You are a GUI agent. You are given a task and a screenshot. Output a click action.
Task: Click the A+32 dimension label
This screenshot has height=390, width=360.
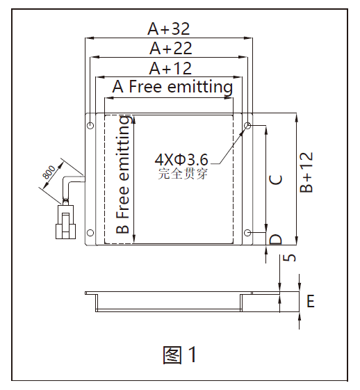(x=169, y=29)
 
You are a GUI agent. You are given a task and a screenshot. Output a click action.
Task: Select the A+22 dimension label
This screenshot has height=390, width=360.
(x=171, y=48)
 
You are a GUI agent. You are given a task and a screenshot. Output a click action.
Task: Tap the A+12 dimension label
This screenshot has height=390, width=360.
(x=170, y=68)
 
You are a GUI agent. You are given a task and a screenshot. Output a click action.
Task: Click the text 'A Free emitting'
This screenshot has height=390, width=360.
(x=172, y=87)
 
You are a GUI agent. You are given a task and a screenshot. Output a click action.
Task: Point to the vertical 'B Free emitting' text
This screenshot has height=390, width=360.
(x=123, y=174)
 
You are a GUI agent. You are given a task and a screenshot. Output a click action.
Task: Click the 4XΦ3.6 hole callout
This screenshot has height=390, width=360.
(x=181, y=160)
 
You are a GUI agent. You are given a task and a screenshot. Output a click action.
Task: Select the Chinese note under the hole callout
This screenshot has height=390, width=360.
(x=183, y=174)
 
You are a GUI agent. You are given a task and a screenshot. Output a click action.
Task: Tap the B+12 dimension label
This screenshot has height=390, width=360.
(x=306, y=172)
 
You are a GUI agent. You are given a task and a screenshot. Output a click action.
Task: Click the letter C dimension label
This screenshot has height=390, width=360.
(x=276, y=180)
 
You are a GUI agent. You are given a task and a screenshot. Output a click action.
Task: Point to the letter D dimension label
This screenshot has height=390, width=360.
(x=276, y=239)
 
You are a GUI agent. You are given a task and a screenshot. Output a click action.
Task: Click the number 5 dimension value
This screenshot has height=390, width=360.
(x=289, y=258)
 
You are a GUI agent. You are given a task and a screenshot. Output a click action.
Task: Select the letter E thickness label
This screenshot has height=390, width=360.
(x=311, y=301)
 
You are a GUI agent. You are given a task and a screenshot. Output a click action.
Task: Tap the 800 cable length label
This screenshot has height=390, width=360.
(x=49, y=172)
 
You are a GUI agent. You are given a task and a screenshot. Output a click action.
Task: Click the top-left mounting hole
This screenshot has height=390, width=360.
(x=90, y=125)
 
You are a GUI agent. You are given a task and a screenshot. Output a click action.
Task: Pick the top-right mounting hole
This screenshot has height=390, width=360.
(x=247, y=125)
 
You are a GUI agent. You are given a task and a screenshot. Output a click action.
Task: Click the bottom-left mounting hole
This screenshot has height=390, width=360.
(x=90, y=233)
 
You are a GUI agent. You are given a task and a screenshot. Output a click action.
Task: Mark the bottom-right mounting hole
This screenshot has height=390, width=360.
(x=247, y=233)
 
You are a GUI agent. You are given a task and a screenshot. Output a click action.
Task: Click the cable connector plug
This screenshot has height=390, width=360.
(x=65, y=221)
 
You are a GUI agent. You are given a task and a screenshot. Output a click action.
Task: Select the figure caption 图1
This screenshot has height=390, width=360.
(x=180, y=355)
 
